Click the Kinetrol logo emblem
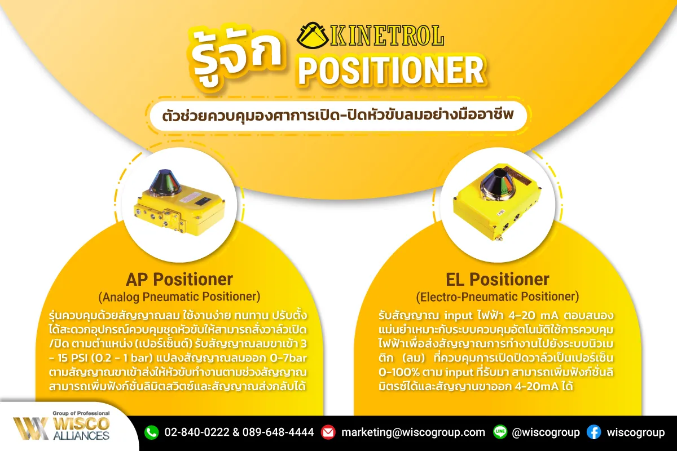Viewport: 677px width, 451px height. pyautogui.click(x=312, y=36)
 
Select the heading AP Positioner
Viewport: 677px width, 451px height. pyautogui.click(x=179, y=280)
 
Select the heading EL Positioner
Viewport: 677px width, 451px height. pyautogui.click(x=498, y=280)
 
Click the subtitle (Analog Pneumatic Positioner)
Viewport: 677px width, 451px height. pyautogui.click(x=179, y=297)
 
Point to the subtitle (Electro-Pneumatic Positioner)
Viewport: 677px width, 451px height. pyautogui.click(x=498, y=297)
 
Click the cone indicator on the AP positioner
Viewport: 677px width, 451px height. pyautogui.click(x=164, y=182)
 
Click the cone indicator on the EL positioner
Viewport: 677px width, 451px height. pyautogui.click(x=499, y=182)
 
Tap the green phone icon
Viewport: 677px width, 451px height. pyautogui.click(x=151, y=432)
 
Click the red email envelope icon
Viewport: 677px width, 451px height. pyautogui.click(x=328, y=432)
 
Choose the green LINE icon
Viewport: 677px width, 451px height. pyautogui.click(x=500, y=432)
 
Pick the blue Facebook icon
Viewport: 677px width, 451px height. pyautogui.click(x=594, y=432)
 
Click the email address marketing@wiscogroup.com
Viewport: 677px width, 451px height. pyautogui.click(x=413, y=432)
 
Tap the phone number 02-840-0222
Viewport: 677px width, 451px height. pyautogui.click(x=197, y=432)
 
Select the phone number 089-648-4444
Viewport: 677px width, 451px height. pyautogui.click(x=278, y=432)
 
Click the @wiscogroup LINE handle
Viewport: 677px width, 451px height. pyautogui.click(x=546, y=432)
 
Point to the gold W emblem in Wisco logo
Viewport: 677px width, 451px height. pyautogui.click(x=31, y=428)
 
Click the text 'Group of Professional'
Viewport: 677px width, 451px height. pyautogui.click(x=81, y=413)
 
